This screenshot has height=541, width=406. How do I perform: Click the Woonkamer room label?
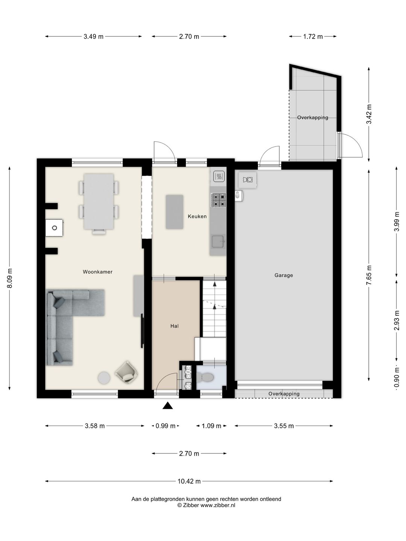click(x=97, y=272)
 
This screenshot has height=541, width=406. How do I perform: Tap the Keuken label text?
click(x=197, y=216)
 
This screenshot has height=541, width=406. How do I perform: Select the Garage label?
click(x=283, y=275)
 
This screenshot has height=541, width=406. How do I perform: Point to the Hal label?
click(x=174, y=326)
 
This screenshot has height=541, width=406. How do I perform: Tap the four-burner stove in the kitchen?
click(x=218, y=200)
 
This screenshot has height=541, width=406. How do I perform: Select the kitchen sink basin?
click(x=218, y=241)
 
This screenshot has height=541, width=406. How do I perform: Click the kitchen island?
click(x=174, y=212)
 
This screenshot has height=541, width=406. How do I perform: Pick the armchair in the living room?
click(x=126, y=372)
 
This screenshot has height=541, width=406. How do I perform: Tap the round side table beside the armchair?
click(x=104, y=378)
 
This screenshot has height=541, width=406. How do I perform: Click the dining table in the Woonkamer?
click(x=98, y=201)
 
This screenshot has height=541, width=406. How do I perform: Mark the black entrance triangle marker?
click(x=167, y=405)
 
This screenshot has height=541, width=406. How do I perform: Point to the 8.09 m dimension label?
click(x=10, y=278)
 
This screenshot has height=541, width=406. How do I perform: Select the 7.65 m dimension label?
click(x=369, y=275)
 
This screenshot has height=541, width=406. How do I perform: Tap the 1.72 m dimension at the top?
click(x=313, y=37)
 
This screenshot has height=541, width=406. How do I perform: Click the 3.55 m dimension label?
click(x=284, y=426)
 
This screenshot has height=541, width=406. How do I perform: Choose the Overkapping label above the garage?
click(x=312, y=118)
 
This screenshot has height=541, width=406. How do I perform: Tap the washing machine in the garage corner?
click(x=247, y=180)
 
